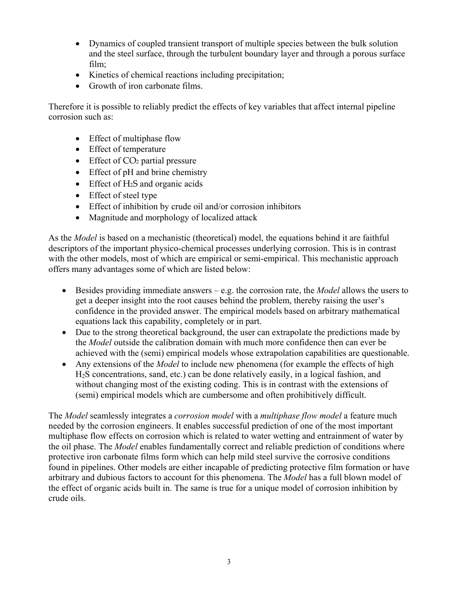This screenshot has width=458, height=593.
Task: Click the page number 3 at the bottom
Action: pos(229,562)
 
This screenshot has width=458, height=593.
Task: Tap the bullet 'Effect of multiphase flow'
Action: pos(135,138)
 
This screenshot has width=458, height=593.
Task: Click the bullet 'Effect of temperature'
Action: pos(127,149)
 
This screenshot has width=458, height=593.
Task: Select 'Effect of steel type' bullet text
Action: pos(122,195)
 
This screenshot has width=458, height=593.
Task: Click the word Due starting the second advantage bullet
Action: pos(83,333)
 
